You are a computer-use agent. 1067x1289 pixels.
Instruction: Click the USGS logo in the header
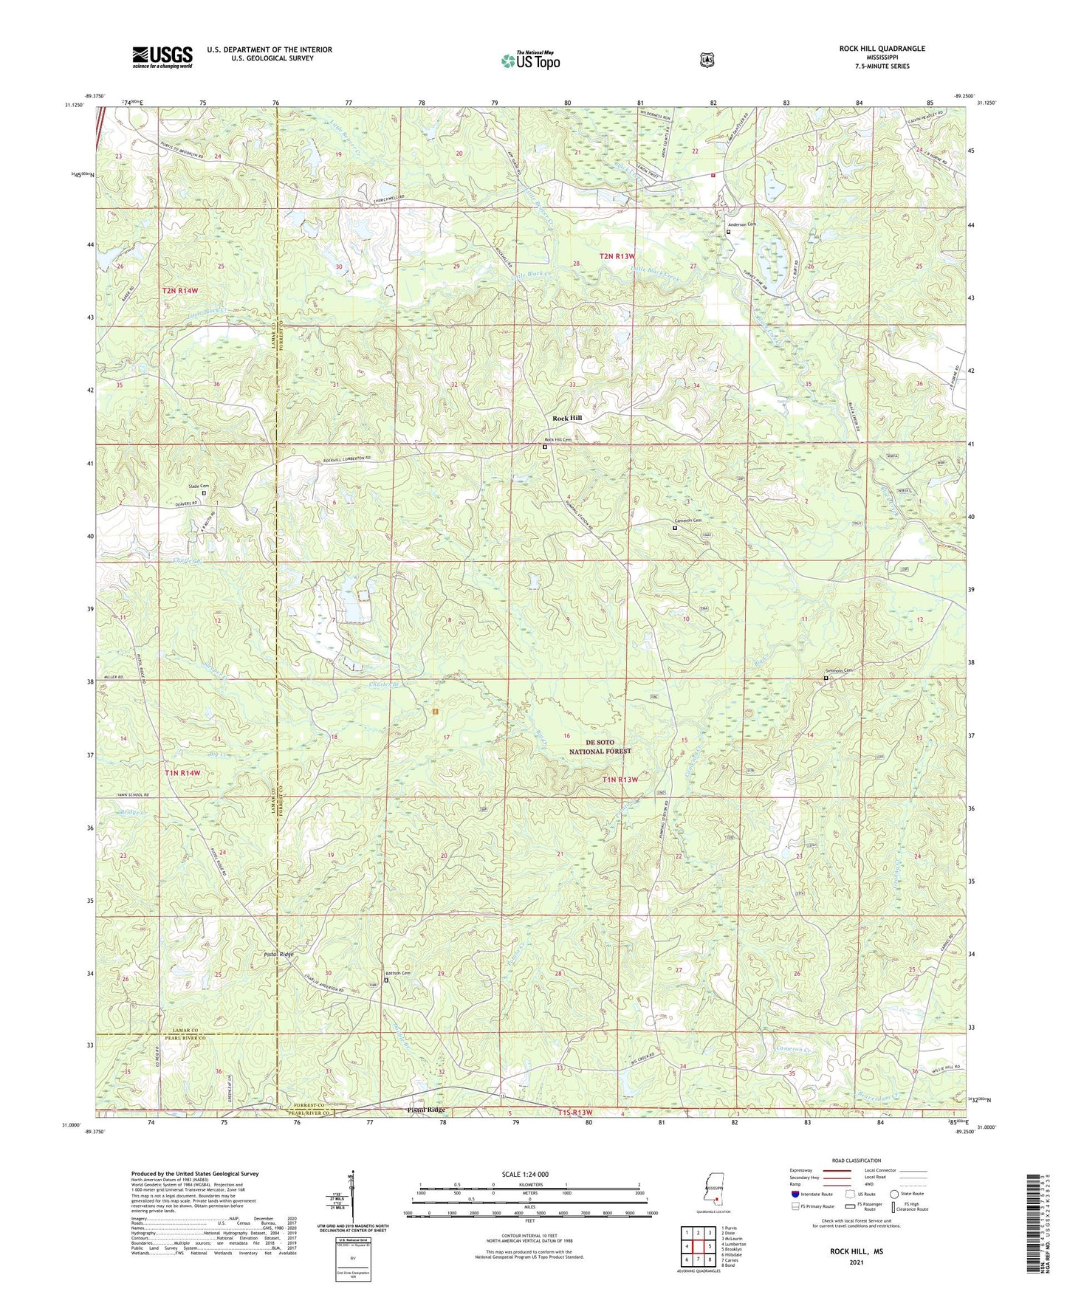pyautogui.click(x=162, y=56)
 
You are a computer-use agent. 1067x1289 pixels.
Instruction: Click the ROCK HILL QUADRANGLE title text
pyautogui.click(x=882, y=49)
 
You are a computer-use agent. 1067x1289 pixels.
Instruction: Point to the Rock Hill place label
pyautogui.click(x=567, y=418)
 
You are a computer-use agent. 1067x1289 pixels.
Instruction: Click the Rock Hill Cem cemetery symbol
pyautogui.click(x=545, y=447)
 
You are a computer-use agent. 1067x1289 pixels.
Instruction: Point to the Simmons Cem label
pyautogui.click(x=838, y=670)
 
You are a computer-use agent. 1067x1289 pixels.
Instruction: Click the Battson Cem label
pyautogui.click(x=396, y=973)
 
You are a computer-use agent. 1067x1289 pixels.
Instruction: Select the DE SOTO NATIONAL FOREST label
pyautogui.click(x=600, y=746)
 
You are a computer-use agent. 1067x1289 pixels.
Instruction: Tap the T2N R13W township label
pyautogui.click(x=617, y=255)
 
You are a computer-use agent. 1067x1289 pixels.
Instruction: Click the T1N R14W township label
pyautogui.click(x=181, y=773)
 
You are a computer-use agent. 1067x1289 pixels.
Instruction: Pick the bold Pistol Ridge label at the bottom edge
pyautogui.click(x=427, y=1110)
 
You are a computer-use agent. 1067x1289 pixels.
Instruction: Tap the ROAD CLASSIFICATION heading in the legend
pyautogui.click(x=857, y=1161)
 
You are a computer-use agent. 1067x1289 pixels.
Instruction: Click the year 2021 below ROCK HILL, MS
pyautogui.click(x=856, y=1262)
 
